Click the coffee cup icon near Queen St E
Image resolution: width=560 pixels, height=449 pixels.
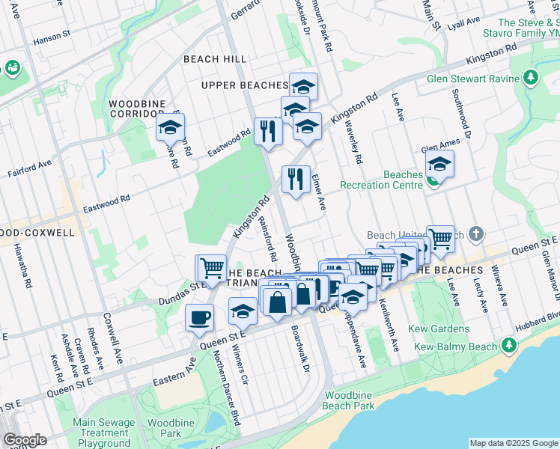point(200,317)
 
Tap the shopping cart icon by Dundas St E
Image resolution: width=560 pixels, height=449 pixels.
point(211,268)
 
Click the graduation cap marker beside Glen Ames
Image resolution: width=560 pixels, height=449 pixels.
point(439,164)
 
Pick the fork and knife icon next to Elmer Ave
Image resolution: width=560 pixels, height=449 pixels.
point(296,180)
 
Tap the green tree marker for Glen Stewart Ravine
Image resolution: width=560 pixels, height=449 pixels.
point(531,77)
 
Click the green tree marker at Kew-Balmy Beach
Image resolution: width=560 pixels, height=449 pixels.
point(508,345)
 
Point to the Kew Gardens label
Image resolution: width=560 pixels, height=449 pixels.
point(439,329)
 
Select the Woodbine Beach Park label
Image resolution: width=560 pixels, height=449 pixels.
point(347,400)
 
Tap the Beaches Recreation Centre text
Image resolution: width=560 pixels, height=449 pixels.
point(382,180)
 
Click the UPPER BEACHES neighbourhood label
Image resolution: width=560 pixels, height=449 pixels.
point(245,85)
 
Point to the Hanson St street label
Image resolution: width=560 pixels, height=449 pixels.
point(52,34)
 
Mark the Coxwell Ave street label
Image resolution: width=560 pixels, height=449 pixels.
point(114,338)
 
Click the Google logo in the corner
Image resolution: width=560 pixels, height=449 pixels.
point(24,439)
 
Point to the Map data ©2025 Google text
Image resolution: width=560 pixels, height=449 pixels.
point(514,443)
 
